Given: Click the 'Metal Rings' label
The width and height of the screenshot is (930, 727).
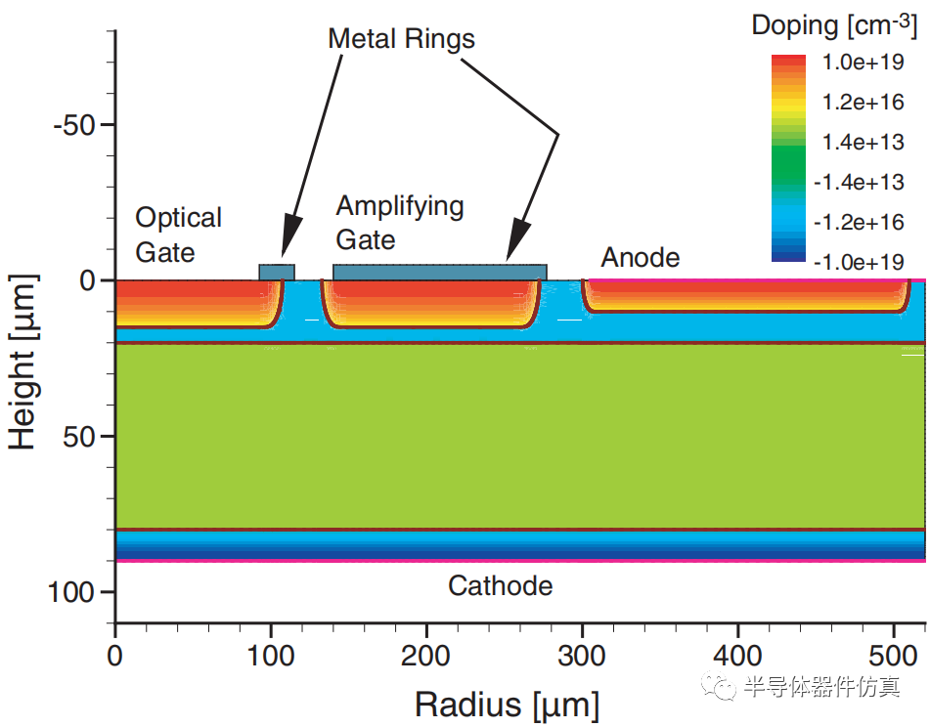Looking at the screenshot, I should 401,39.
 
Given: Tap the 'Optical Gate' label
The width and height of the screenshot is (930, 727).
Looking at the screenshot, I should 178,235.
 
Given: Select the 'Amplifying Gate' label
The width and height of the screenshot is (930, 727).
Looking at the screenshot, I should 399,223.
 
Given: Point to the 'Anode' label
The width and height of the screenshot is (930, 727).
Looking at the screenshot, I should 640,257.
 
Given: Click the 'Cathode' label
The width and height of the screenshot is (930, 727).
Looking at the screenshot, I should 500,585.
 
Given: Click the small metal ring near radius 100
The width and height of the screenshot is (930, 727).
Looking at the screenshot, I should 276,272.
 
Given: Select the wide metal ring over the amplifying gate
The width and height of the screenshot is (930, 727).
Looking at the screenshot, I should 439,272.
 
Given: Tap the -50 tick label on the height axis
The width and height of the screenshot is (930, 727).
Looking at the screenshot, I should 72,125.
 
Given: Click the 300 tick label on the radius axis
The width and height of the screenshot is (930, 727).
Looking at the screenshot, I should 582,653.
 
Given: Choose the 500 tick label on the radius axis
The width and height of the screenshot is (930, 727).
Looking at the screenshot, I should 893,653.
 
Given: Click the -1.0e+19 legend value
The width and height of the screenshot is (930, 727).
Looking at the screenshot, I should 861,262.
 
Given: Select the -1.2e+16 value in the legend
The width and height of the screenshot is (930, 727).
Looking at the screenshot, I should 861,222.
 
